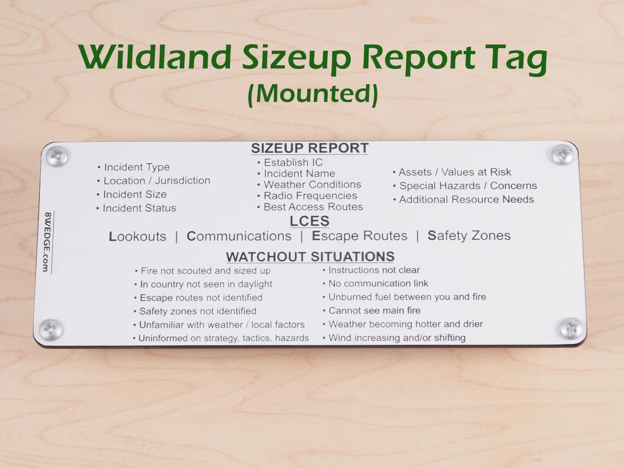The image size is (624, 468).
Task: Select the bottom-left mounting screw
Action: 51,329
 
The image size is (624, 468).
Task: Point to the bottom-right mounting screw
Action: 571,328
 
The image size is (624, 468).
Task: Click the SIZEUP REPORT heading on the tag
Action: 310,148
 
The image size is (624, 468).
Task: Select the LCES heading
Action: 309,221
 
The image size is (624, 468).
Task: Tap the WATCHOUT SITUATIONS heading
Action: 310,256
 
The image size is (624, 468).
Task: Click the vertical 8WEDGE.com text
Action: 47,241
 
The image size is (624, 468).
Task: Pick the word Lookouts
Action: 138,236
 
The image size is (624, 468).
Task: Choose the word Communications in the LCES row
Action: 239,236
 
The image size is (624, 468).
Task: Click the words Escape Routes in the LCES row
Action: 359,236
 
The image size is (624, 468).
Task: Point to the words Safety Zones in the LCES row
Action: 469,235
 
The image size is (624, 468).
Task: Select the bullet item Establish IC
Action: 293,162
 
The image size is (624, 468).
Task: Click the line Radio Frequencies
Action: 310,196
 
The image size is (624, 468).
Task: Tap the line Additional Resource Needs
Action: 466,199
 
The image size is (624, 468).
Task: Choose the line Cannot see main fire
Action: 374,310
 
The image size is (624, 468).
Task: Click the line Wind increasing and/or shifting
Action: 397,337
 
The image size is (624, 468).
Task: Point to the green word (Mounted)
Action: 312,93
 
